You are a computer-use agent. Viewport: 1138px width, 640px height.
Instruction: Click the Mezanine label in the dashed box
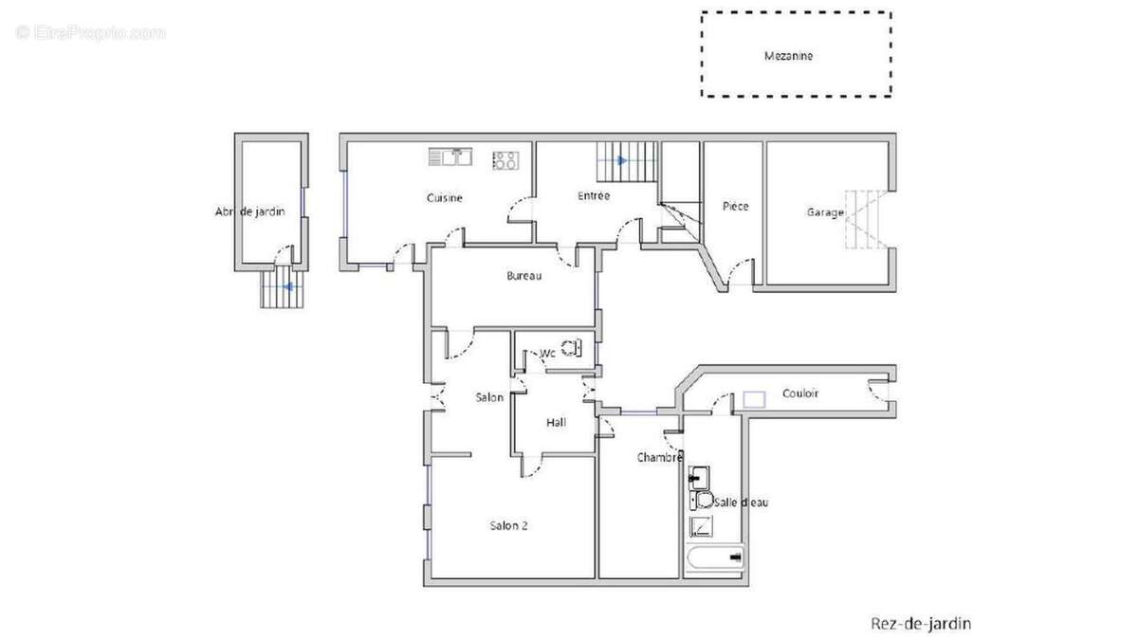[788, 56]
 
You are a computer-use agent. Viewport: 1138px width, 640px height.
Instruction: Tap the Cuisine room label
[445, 197]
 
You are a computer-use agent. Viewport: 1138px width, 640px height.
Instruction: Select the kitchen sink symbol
[450, 157]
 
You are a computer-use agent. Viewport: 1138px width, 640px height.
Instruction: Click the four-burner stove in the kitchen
[505, 160]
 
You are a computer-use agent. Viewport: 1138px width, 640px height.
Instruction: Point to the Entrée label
[594, 195]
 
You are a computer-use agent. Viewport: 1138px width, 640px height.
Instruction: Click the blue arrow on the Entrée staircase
[622, 160]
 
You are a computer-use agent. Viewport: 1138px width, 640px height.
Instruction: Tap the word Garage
[825, 212]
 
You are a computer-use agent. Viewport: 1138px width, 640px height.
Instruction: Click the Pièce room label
[735, 206]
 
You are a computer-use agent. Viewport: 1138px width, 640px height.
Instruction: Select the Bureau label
[523, 276]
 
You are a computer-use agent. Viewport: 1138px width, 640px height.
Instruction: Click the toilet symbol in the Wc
[571, 349]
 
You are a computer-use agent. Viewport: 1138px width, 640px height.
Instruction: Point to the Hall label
[556, 422]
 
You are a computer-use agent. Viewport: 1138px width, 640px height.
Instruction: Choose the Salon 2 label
[508, 525]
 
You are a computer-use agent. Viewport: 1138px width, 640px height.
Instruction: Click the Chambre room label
[659, 458]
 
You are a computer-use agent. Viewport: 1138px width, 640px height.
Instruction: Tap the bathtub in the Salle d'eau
[715, 558]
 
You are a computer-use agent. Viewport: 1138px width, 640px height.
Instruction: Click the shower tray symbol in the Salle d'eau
[701, 527]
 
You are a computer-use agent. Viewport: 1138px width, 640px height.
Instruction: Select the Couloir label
[800, 393]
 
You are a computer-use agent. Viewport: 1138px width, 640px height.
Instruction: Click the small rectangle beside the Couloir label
[754, 400]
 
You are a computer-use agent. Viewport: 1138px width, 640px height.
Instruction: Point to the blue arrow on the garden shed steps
[288, 287]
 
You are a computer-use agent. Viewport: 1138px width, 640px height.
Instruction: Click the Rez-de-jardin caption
[921, 623]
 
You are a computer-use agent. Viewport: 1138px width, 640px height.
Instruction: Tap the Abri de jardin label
[250, 211]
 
